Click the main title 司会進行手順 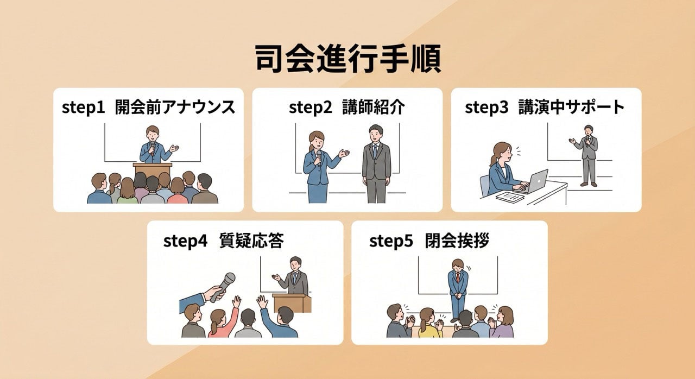pyautogui.click(x=347, y=59)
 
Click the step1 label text pyautogui.click(x=83, y=108)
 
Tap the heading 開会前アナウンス pyautogui.click(x=175, y=108)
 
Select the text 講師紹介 pyautogui.click(x=374, y=108)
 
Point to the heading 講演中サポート pyautogui.click(x=571, y=108)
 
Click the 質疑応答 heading pyautogui.click(x=251, y=241)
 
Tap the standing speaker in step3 pyautogui.click(x=588, y=155)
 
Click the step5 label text pyautogui.click(x=391, y=241)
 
